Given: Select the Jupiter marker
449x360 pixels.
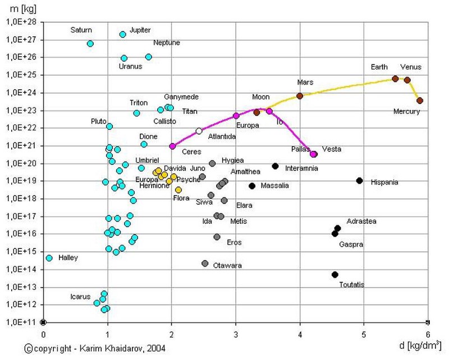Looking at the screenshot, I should (x=123, y=34).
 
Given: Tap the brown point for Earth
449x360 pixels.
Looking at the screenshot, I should (x=395, y=79).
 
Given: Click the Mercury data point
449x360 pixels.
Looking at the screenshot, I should (x=420, y=100).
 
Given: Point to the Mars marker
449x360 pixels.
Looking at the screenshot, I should (x=300, y=96).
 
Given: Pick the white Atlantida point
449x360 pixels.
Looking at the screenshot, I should (x=199, y=131).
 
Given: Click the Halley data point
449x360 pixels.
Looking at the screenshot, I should (x=49, y=258).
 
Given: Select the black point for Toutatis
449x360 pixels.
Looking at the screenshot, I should (x=335, y=275).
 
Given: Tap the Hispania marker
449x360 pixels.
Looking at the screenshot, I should (x=359, y=181).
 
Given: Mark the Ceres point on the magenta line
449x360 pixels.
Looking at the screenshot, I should (x=172, y=146).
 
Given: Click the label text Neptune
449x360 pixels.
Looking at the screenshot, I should (x=167, y=43).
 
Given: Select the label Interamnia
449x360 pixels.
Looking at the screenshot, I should (x=301, y=168).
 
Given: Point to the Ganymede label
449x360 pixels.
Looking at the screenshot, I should (x=181, y=97).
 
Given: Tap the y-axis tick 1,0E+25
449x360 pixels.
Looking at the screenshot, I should (x=21, y=75).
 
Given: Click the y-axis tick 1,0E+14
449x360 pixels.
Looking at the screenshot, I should (x=21, y=269).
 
